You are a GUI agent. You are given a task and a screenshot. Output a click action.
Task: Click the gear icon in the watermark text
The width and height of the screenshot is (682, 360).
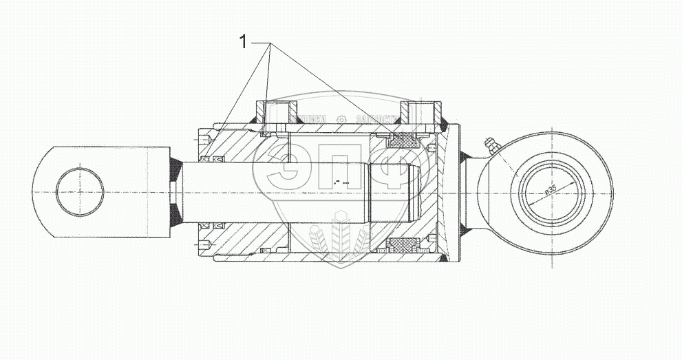341,119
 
